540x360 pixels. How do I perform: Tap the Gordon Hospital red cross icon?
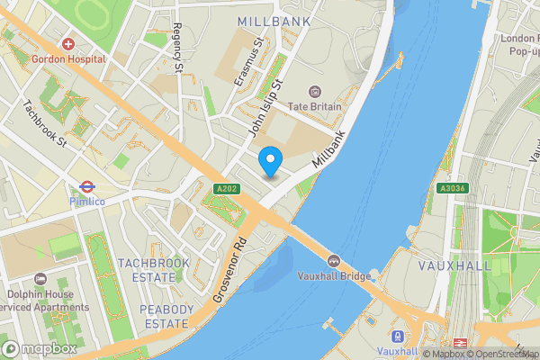68,44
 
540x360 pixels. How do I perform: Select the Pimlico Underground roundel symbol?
87,187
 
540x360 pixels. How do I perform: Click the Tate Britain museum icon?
314,91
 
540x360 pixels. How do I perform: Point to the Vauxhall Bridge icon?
334,261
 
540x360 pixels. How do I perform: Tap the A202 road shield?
226,189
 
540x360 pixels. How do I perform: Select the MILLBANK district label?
274,21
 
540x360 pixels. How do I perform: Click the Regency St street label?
177,49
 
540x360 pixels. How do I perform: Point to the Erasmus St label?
247,62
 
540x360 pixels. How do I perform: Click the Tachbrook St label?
45,122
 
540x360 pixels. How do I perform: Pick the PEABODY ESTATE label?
166,316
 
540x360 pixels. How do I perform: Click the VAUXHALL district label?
455,266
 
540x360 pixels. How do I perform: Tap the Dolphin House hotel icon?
40,279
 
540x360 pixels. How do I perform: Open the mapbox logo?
40,348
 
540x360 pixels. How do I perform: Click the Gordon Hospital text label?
68,59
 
